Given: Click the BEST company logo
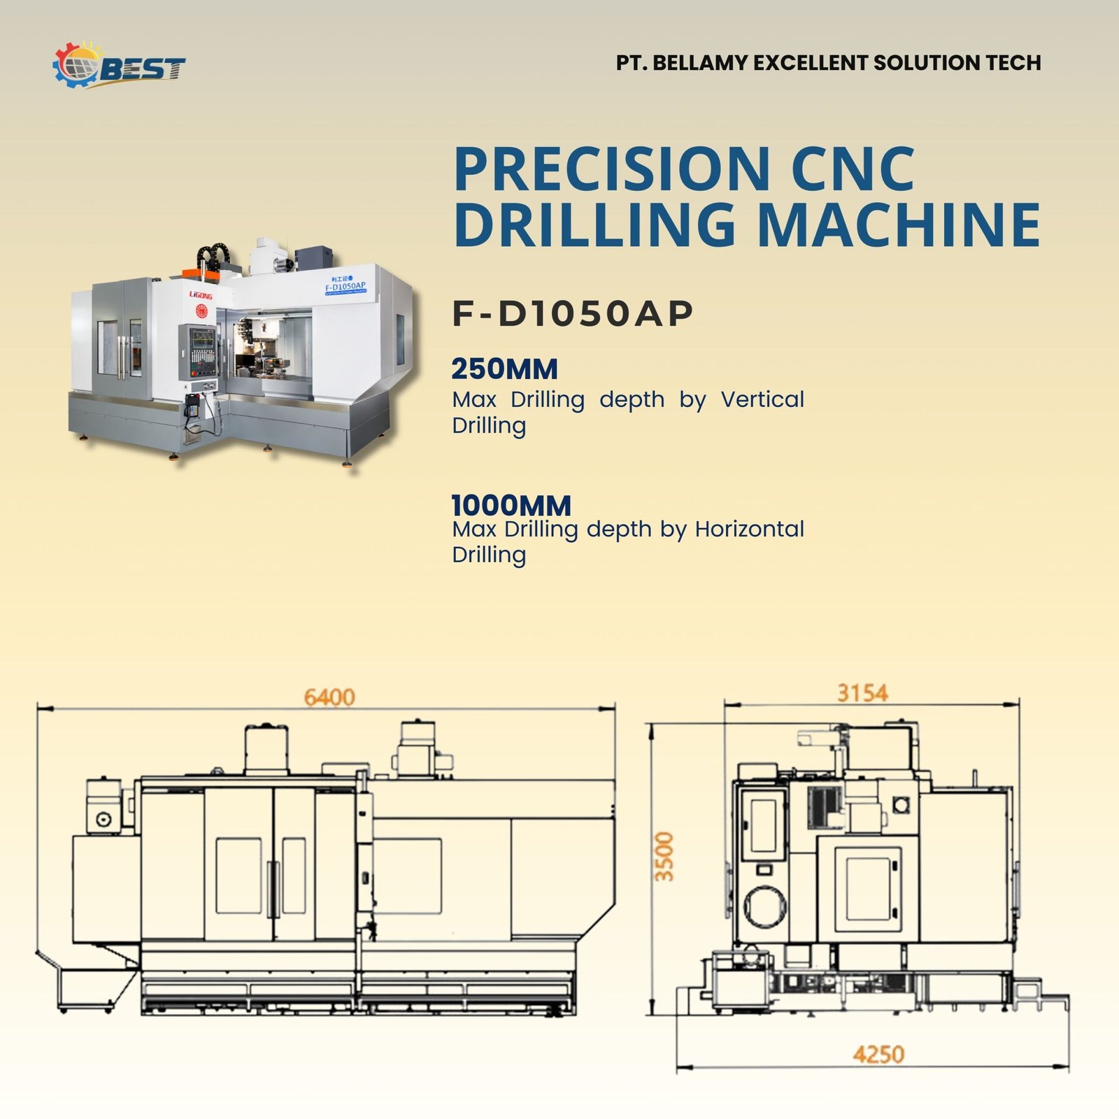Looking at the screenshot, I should pyautogui.click(x=120, y=66).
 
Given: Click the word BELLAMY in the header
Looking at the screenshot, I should pyautogui.click(x=700, y=63).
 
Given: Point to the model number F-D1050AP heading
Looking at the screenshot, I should pyautogui.click(x=572, y=313).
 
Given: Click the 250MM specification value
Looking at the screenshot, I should pyautogui.click(x=504, y=369).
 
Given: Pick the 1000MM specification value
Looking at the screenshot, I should pyautogui.click(x=511, y=504).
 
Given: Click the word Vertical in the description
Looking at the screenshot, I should pyautogui.click(x=762, y=399).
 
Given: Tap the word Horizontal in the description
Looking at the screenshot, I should pyautogui.click(x=750, y=529).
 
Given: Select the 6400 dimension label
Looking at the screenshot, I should pyautogui.click(x=329, y=697).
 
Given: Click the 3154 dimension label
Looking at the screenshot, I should pyautogui.click(x=862, y=693).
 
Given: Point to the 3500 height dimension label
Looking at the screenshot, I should pyautogui.click(x=664, y=857).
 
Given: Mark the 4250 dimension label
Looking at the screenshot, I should pyautogui.click(x=878, y=1054).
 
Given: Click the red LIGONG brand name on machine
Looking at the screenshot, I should pyautogui.click(x=201, y=295).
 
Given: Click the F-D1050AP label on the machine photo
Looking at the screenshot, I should pyautogui.click(x=345, y=286).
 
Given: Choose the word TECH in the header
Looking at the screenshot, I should pyautogui.click(x=1013, y=63).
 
